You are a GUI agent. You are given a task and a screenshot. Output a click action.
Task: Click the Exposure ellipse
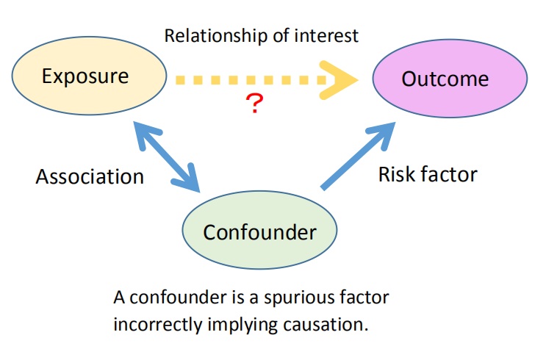click(x=89, y=76)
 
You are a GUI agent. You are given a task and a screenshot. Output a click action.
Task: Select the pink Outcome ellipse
click(x=450, y=79)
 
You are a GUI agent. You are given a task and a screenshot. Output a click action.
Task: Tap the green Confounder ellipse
click(x=259, y=230)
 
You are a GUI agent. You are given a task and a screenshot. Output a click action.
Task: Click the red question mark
click(x=254, y=103)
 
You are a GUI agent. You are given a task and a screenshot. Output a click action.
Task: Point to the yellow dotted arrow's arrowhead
click(x=338, y=80)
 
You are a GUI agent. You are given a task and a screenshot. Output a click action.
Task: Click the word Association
click(x=90, y=176)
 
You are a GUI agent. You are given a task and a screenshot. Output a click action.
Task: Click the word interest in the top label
click(x=326, y=36)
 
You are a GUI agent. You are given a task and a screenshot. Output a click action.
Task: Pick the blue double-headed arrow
click(x=167, y=156)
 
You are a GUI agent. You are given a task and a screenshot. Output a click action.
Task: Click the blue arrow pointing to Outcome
click(x=358, y=156)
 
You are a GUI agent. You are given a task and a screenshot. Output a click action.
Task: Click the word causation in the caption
click(x=326, y=325)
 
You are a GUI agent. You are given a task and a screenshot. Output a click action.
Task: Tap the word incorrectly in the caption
click(x=158, y=325)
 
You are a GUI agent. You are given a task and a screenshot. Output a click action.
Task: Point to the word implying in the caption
click(x=243, y=325)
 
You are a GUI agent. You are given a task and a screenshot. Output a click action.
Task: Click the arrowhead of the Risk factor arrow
click(x=383, y=134)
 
